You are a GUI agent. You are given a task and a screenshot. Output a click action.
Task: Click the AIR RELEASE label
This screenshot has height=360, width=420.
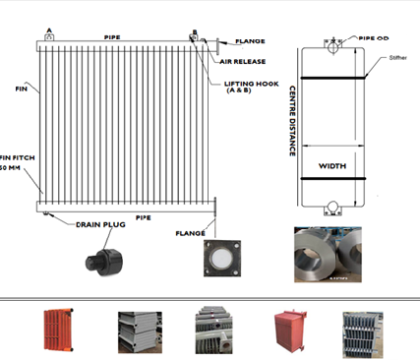244,61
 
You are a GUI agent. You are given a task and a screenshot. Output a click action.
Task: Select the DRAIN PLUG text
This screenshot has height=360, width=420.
102,224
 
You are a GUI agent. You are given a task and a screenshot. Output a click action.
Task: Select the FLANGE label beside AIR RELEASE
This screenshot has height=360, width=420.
249,42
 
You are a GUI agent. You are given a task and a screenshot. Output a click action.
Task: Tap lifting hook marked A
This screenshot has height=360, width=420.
48,36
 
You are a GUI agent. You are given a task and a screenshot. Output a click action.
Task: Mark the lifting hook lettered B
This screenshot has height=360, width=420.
195,36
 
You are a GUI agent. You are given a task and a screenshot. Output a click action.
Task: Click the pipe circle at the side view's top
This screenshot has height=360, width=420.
332,43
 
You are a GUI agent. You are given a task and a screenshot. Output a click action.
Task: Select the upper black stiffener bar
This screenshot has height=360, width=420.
332,78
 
